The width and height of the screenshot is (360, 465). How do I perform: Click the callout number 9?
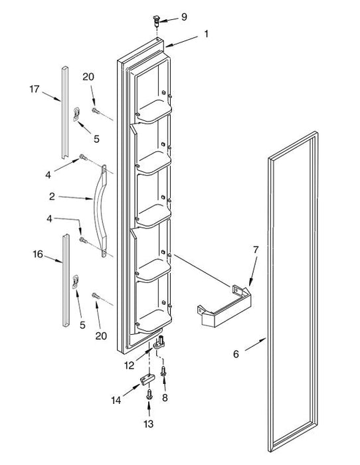(x=184, y=17)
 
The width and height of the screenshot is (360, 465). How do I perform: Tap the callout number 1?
(x=206, y=34)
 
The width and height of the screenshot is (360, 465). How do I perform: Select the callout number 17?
(x=35, y=89)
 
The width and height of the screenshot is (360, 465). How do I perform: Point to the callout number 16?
(x=38, y=254)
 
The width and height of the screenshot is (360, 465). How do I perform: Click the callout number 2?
(x=52, y=197)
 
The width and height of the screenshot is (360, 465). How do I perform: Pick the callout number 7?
(x=256, y=250)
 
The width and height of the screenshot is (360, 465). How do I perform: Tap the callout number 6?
(x=236, y=354)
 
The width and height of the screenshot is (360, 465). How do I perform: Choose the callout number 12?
(x=130, y=365)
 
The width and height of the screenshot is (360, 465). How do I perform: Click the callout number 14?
(x=116, y=401)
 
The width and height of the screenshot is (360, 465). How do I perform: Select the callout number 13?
(x=149, y=424)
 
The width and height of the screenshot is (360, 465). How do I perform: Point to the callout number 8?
(x=165, y=398)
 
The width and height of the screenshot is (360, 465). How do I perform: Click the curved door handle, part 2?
(x=100, y=211)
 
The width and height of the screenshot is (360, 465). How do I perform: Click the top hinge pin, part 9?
(x=156, y=20)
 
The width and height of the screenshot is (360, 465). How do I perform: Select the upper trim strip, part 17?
(x=64, y=112)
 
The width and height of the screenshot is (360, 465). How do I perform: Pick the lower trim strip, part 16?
(x=66, y=280)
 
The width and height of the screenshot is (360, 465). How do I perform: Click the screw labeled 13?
(x=149, y=395)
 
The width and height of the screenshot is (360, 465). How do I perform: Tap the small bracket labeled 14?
(x=147, y=379)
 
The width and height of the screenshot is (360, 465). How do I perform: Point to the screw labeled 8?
(x=163, y=371)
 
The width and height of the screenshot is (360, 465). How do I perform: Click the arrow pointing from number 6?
(x=255, y=344)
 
